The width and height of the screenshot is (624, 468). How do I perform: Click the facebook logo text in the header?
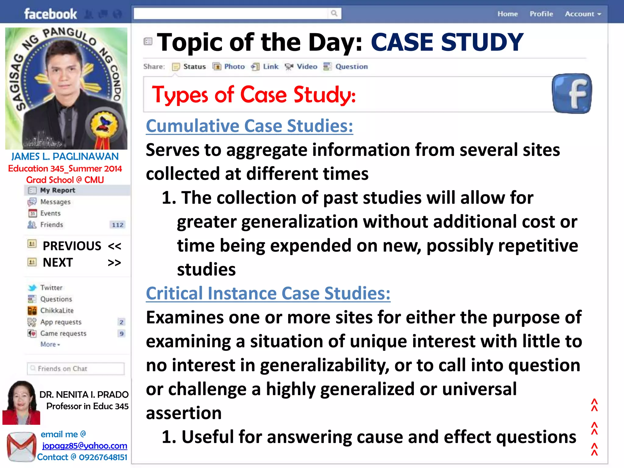pyautogui.click(x=51, y=14)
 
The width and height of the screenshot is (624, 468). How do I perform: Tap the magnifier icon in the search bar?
pyautogui.click(x=334, y=13)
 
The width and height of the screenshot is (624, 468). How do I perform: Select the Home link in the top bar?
pyautogui.click(x=508, y=14)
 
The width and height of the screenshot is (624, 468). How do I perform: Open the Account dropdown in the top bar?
pyautogui.click(x=583, y=14)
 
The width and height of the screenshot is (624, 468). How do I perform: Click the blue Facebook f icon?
pyautogui.click(x=572, y=94)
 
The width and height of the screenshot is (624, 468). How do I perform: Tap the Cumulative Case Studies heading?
pyautogui.click(x=249, y=126)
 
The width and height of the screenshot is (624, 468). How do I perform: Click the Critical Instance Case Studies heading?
pyautogui.click(x=268, y=293)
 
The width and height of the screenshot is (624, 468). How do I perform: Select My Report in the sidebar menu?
pyautogui.click(x=57, y=190)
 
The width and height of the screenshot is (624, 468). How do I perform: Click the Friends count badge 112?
pyautogui.click(x=118, y=225)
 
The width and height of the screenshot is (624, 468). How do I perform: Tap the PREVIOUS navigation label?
pyautogui.click(x=72, y=246)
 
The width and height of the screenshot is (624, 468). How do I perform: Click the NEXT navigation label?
pyautogui.click(x=58, y=262)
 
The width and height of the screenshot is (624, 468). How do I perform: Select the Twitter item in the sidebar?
pyautogui.click(x=51, y=288)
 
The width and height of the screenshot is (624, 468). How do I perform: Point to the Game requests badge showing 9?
pyautogui.click(x=122, y=334)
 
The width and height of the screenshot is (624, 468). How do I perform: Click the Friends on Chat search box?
pyautogui.click(x=76, y=369)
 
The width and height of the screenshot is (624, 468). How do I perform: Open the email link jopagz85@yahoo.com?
pyautogui.click(x=84, y=446)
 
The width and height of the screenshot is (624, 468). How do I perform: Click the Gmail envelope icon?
pyautogui.click(x=21, y=447)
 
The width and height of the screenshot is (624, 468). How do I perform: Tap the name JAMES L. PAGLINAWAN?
pyautogui.click(x=65, y=157)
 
